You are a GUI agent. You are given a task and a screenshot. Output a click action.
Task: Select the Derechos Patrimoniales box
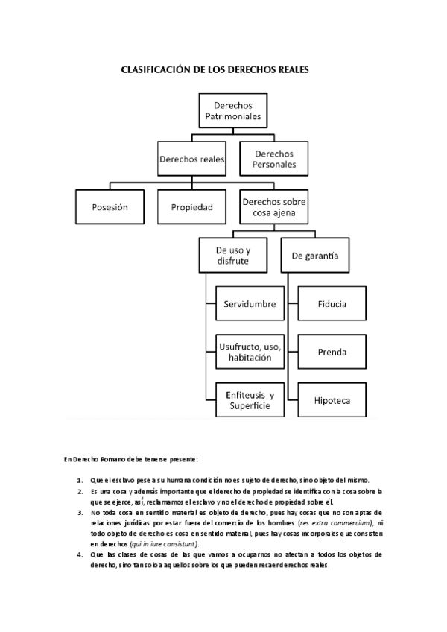coord(233,112)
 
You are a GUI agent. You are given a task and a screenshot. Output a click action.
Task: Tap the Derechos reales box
coord(192,159)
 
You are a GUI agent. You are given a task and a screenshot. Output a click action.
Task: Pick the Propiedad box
coord(192,206)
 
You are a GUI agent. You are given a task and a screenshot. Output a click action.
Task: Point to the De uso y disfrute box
coord(233,256)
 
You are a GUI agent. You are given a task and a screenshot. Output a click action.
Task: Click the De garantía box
coord(312,256)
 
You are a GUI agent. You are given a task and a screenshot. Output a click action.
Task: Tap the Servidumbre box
coord(250,304)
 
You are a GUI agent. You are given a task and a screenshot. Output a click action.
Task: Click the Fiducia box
coord(331,304)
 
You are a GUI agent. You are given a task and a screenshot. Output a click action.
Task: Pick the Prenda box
coord(331,352)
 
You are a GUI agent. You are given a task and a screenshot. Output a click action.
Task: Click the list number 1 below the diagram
coord(80,479)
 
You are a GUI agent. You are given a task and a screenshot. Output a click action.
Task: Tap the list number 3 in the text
coord(80,513)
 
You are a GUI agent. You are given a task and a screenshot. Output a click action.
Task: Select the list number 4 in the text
coord(80,554)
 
